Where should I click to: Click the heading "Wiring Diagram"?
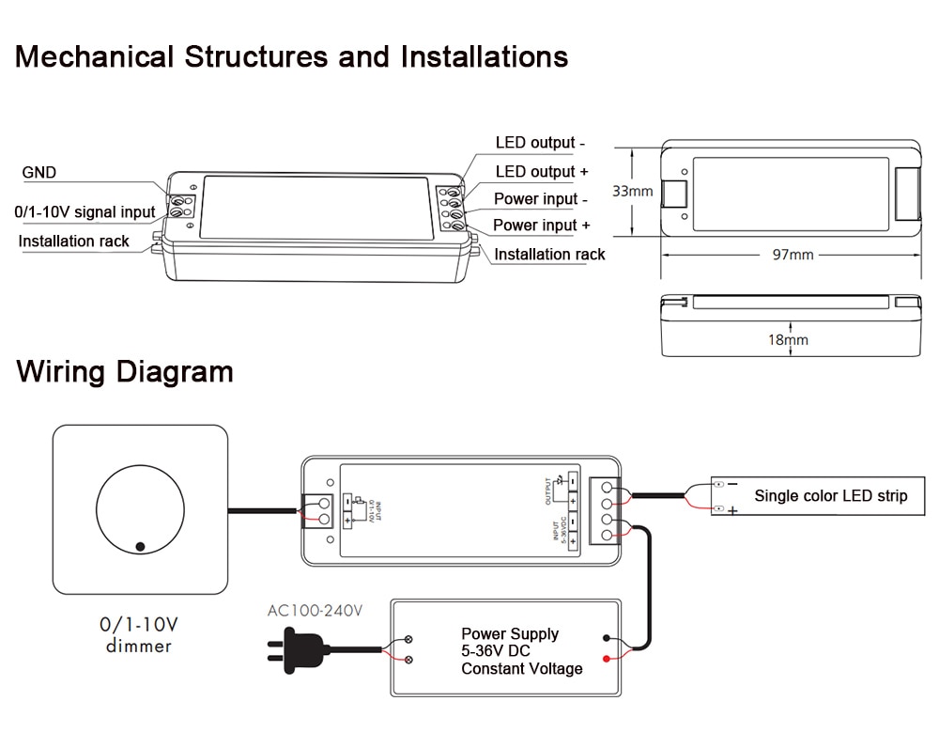click(124, 371)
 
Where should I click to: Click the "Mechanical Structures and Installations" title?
click(291, 56)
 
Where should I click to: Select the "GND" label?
click(39, 172)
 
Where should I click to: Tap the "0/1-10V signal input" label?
click(85, 211)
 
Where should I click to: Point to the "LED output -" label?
click(540, 143)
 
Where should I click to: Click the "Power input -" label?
click(541, 198)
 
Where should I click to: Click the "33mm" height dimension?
click(632, 191)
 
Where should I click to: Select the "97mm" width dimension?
click(793, 255)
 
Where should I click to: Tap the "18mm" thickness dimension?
click(788, 339)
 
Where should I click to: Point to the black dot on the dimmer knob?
click(140, 545)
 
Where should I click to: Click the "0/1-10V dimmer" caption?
click(139, 633)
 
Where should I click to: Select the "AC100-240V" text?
click(315, 611)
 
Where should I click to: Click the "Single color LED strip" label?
click(830, 495)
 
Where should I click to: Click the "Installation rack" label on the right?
click(549, 254)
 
